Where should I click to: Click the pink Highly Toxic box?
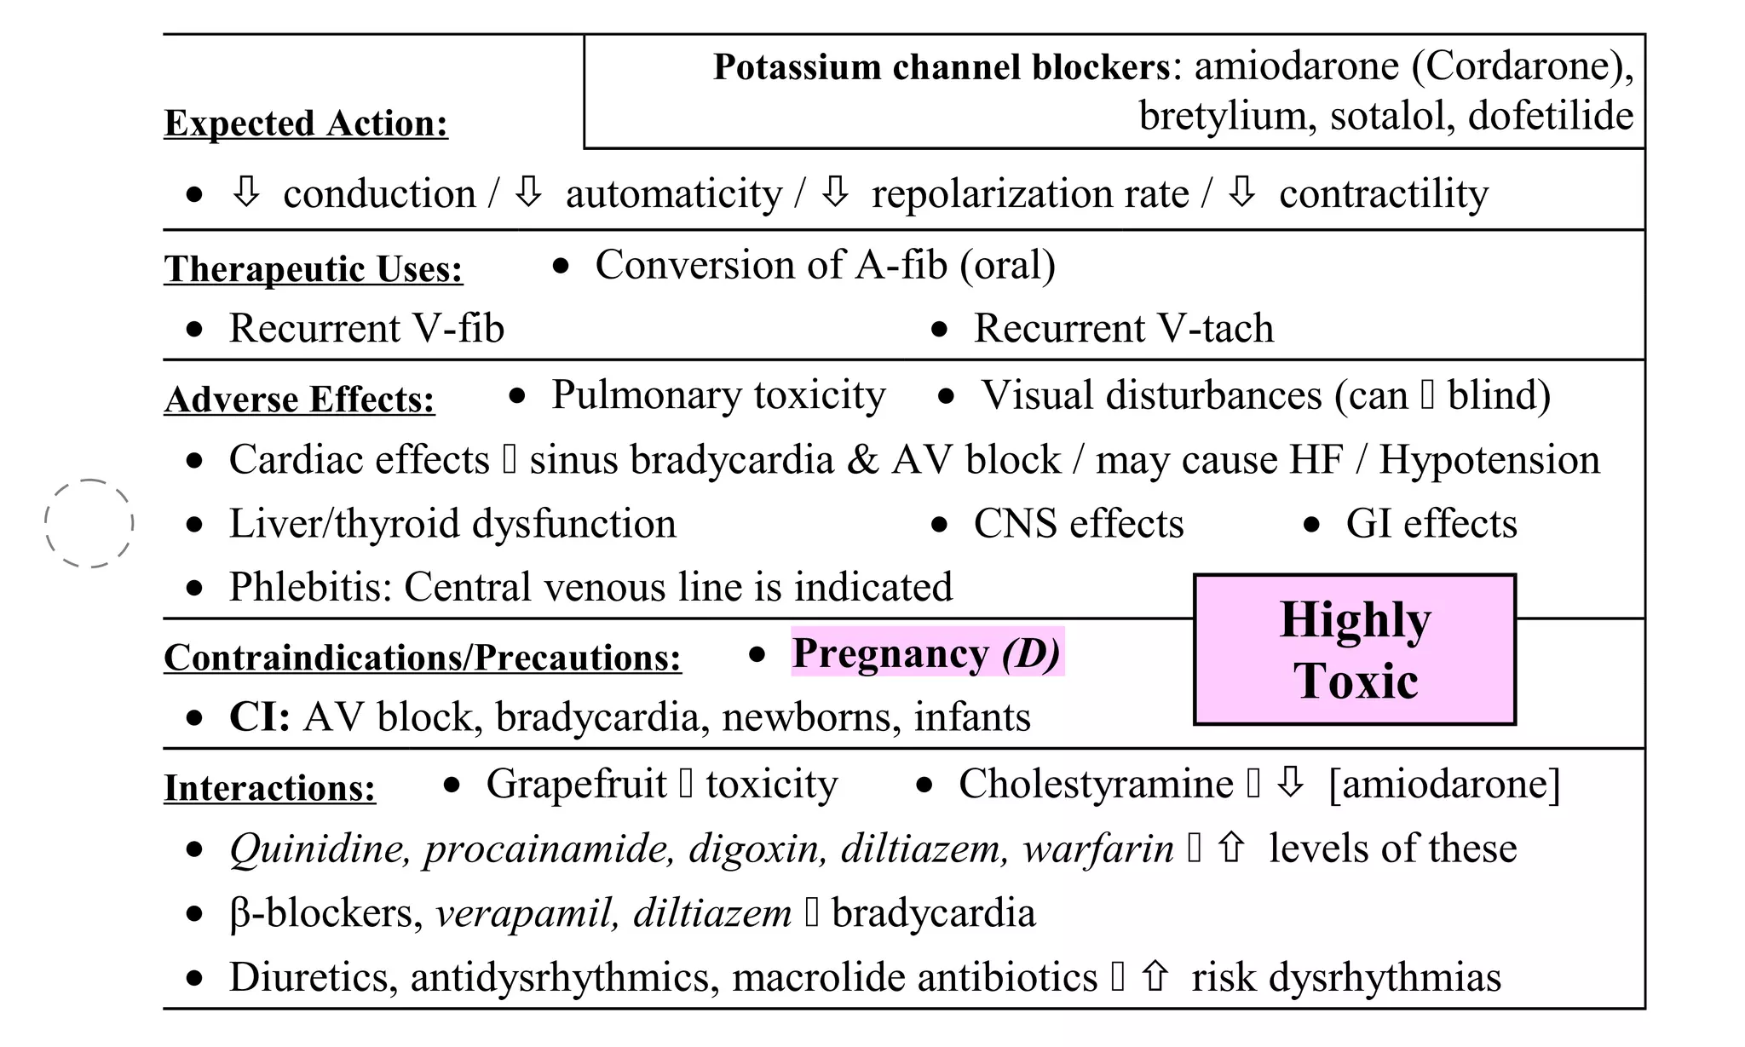point(1355,649)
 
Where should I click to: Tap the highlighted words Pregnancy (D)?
point(927,653)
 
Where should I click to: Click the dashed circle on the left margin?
point(89,523)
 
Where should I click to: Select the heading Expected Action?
point(306,124)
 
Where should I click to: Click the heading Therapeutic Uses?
point(314,269)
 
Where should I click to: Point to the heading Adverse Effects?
point(299,400)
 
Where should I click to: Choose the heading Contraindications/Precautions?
point(423,658)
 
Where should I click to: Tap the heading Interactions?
point(269,788)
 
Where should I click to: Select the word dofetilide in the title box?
point(1550,116)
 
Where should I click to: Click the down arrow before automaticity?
point(528,193)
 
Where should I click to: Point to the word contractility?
point(1384,194)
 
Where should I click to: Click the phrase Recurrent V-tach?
point(1123,329)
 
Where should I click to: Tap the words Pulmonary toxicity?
point(718,395)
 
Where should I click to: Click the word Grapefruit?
point(576,784)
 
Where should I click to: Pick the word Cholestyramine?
point(1096,784)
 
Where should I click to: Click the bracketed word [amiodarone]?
point(1444,784)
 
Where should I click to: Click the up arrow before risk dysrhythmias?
point(1154,976)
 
